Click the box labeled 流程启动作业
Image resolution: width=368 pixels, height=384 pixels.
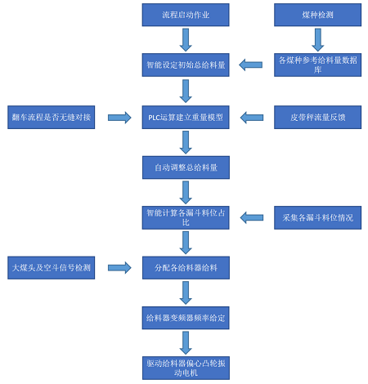click(186, 15)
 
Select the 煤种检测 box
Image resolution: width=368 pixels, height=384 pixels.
click(317, 15)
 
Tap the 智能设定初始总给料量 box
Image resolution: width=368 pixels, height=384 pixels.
click(186, 65)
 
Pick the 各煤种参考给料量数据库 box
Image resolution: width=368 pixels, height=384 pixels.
click(317, 65)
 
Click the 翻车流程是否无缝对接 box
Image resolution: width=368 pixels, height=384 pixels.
click(52, 117)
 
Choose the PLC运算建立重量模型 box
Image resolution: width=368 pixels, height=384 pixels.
click(186, 117)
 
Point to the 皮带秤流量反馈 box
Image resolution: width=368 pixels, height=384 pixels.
click(317, 117)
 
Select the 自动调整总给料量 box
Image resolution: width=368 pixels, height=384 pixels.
click(186, 167)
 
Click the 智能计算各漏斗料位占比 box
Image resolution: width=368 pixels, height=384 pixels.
click(186, 217)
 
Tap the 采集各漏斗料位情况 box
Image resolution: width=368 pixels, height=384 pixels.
click(317, 217)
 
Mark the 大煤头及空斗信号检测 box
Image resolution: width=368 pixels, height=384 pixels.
click(52, 268)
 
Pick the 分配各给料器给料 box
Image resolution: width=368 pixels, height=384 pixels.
click(186, 268)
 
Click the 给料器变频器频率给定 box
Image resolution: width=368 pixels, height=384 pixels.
click(186, 318)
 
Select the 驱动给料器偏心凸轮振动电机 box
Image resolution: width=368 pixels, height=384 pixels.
click(186, 368)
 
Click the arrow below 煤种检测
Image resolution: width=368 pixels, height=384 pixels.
click(318, 40)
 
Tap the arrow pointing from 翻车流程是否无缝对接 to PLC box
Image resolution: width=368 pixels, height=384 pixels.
click(119, 118)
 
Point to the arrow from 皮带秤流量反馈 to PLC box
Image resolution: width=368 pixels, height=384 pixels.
click(252, 118)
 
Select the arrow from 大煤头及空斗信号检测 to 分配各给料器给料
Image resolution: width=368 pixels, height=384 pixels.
click(119, 268)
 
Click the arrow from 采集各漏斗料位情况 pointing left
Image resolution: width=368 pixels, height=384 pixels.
click(252, 217)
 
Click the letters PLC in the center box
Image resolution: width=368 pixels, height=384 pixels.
click(154, 118)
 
